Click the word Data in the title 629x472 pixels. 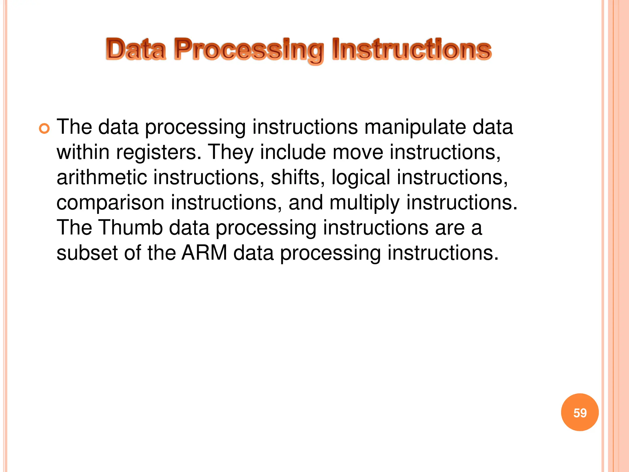136,49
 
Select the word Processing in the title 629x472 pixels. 249,50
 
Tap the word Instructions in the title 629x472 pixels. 412,49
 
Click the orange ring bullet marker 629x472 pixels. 45,129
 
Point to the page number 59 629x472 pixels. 580,412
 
